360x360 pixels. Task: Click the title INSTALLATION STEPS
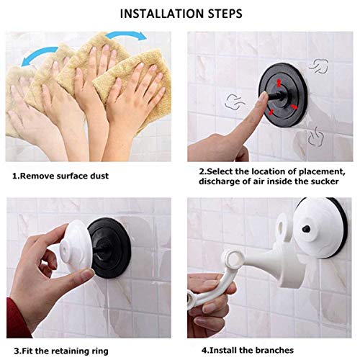click(181, 13)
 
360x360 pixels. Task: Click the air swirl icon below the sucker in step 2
click(316, 135)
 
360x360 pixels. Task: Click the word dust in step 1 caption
click(98, 176)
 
